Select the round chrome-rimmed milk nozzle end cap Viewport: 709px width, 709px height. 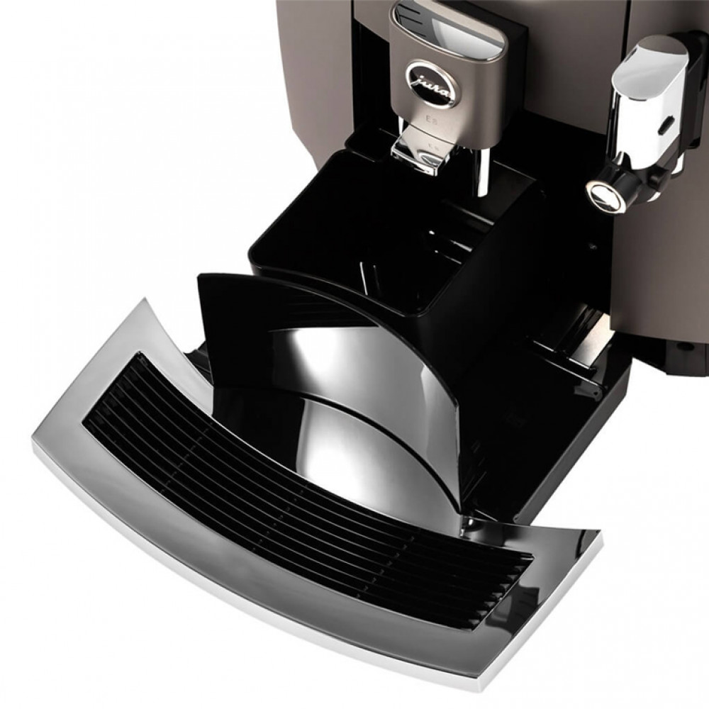[x=603, y=194]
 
